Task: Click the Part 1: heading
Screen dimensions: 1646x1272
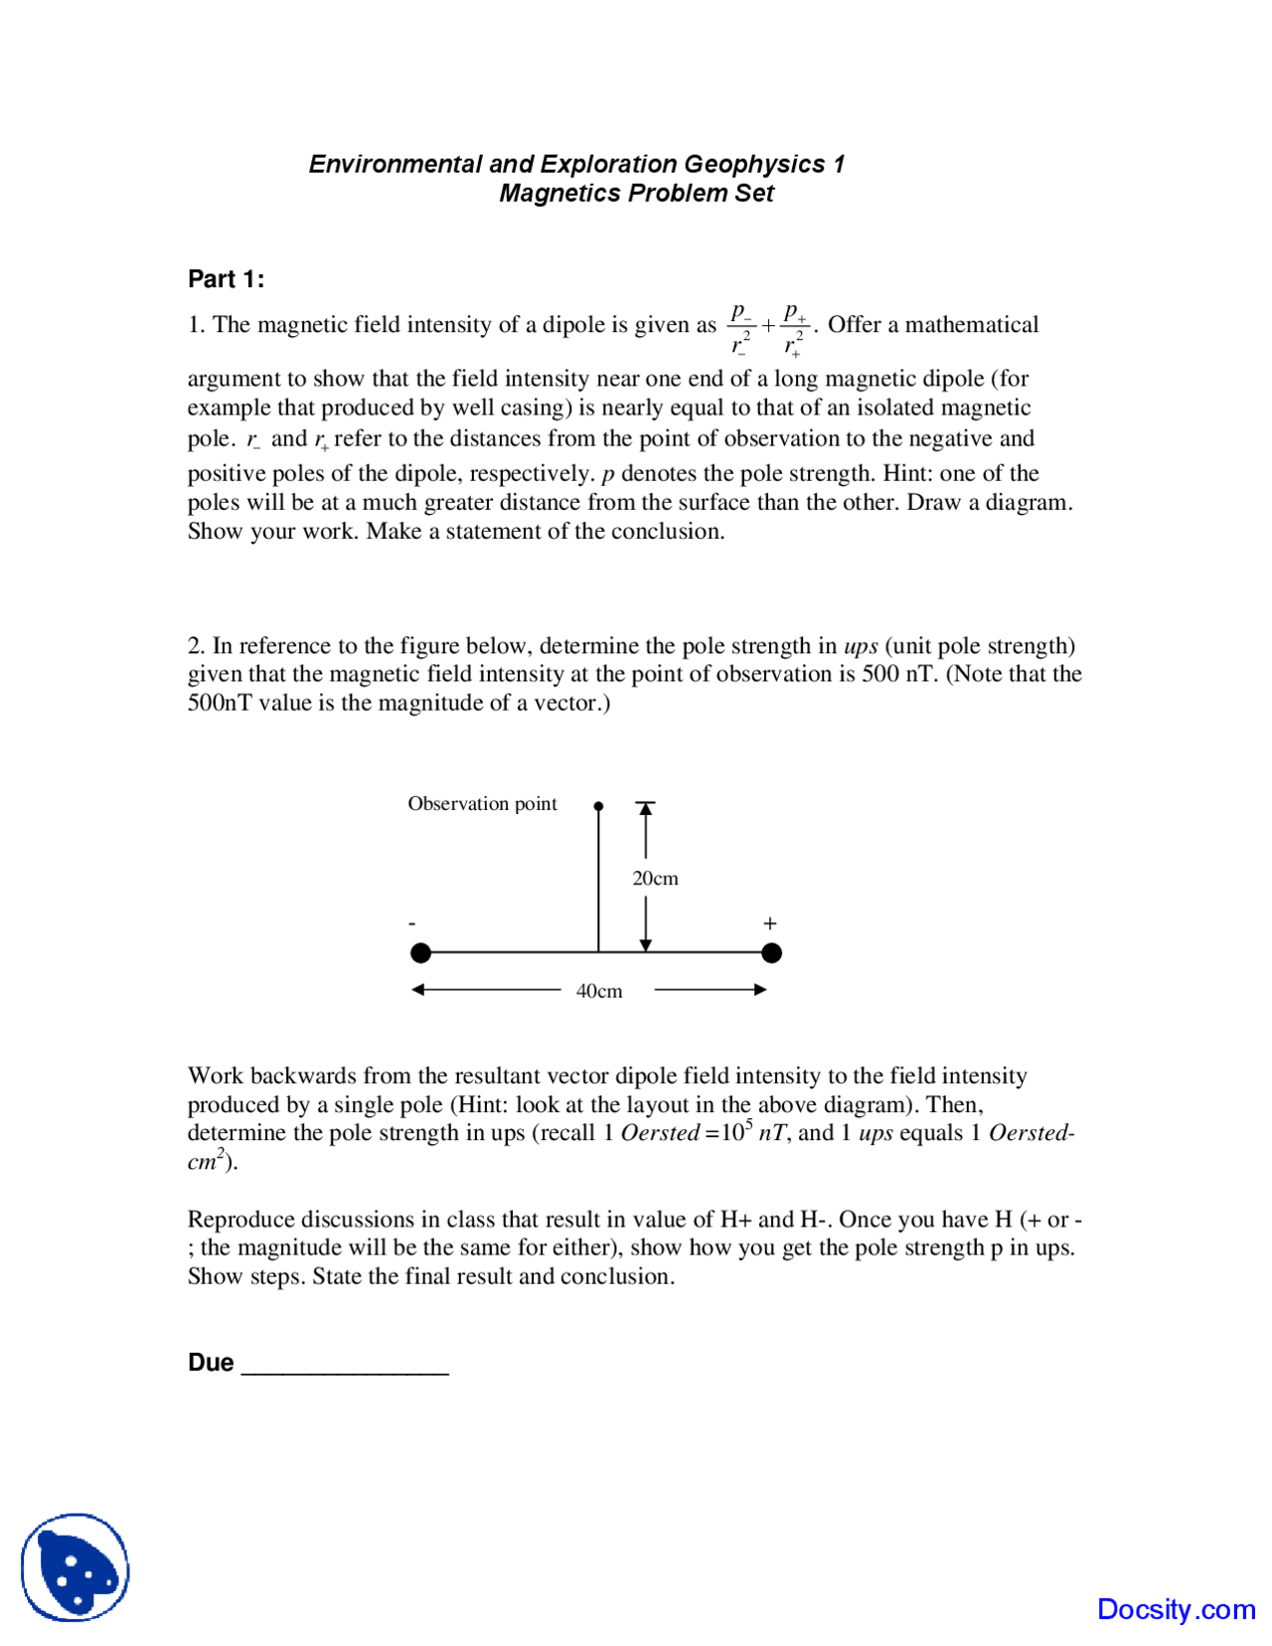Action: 226,279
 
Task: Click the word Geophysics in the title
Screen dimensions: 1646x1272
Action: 753,164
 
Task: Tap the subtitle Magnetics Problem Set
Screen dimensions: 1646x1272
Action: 636,193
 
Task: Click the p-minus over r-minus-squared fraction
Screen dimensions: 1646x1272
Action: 741,328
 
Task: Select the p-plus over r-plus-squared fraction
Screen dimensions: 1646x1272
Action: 794,328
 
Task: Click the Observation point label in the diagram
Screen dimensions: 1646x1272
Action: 482,803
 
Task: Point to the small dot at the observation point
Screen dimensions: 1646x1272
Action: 598,806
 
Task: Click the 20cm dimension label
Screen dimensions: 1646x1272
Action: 655,878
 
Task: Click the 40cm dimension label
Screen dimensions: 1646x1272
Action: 599,991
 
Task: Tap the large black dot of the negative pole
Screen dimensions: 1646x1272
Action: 420,953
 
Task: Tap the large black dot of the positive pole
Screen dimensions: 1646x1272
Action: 771,953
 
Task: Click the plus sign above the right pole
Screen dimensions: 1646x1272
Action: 769,923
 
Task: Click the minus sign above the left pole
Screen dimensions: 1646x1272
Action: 412,924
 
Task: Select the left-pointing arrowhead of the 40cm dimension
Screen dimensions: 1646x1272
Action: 418,989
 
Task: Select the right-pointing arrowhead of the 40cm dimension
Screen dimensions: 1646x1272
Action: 760,989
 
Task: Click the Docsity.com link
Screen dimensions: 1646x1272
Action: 1176,1608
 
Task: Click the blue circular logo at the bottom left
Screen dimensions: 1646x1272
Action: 76,1566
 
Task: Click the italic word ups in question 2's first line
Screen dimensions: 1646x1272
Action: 860,646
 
